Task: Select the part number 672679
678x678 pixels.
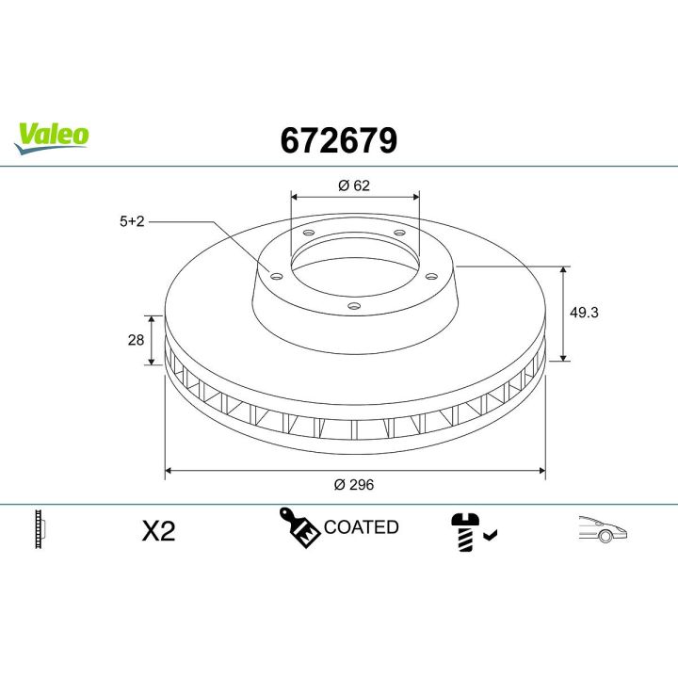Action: pos(339,140)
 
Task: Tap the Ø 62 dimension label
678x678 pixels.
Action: pos(354,186)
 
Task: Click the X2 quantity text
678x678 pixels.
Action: pos(159,531)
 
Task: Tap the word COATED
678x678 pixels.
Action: pos(362,527)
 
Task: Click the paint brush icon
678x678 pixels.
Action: pos(299,528)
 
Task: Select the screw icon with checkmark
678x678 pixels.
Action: pos(468,532)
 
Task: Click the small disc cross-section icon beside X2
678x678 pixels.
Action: pos(40,530)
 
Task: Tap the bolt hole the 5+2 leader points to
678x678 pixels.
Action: pos(276,275)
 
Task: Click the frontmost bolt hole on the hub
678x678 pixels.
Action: pos(353,304)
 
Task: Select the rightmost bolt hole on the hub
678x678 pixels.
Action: pos(431,275)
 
